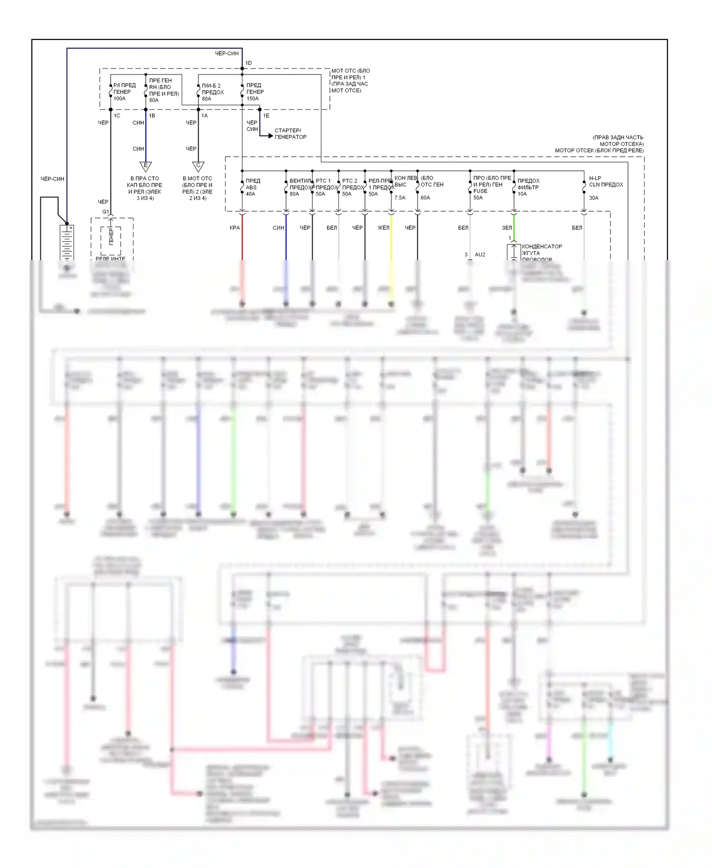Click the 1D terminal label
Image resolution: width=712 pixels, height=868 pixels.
click(x=249, y=63)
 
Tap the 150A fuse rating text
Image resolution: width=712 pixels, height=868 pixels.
click(x=253, y=99)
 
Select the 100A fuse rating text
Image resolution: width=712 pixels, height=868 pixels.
click(x=120, y=99)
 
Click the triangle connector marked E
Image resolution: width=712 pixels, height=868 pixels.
click(x=146, y=166)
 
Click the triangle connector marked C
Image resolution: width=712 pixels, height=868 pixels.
click(x=198, y=166)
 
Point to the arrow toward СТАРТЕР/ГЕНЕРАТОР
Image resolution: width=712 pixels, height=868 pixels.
click(x=270, y=136)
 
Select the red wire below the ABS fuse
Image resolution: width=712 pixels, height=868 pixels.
click(x=242, y=237)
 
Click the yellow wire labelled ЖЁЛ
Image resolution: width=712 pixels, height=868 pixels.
click(x=391, y=237)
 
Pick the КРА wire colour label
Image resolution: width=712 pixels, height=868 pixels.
click(x=234, y=228)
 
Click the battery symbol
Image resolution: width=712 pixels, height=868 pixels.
click(x=67, y=242)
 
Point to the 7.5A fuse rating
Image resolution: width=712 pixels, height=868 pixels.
click(x=400, y=198)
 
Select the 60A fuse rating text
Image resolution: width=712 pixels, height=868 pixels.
click(x=425, y=198)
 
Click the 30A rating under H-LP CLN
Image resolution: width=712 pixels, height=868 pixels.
click(x=594, y=198)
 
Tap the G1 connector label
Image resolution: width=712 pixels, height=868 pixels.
click(x=105, y=212)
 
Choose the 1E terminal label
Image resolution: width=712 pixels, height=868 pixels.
click(x=266, y=116)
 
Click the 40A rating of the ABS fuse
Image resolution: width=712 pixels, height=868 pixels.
click(x=250, y=194)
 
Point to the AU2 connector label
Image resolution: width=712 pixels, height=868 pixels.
click(x=480, y=255)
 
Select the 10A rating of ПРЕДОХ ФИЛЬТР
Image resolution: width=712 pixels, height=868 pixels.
click(x=522, y=194)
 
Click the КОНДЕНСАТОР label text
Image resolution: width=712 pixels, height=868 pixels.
click(x=542, y=246)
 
